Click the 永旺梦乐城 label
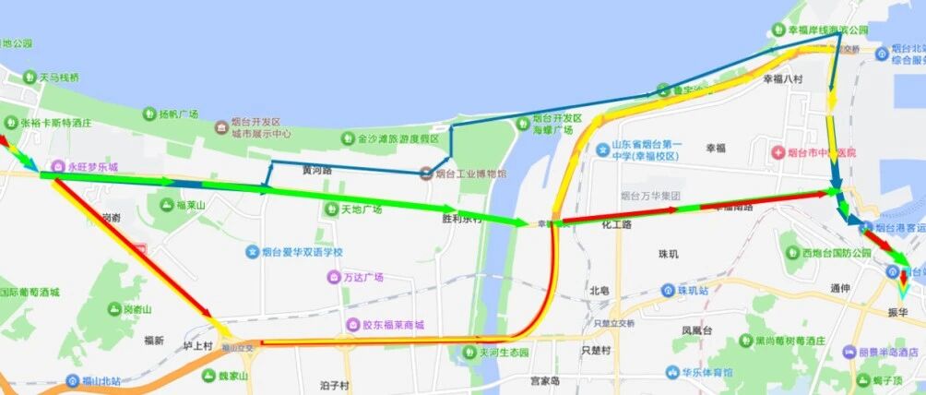pos(92,169)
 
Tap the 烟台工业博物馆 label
pos(470,173)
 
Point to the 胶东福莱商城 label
pos(392,325)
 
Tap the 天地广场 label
pos(362,209)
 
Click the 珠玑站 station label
pos(691,291)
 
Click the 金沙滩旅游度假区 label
pos(398,138)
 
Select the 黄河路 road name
pos(316,171)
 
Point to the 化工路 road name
pos(616,223)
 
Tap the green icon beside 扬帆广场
pos(148,114)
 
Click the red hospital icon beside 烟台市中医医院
pos(778,152)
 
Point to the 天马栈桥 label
pos(59,78)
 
